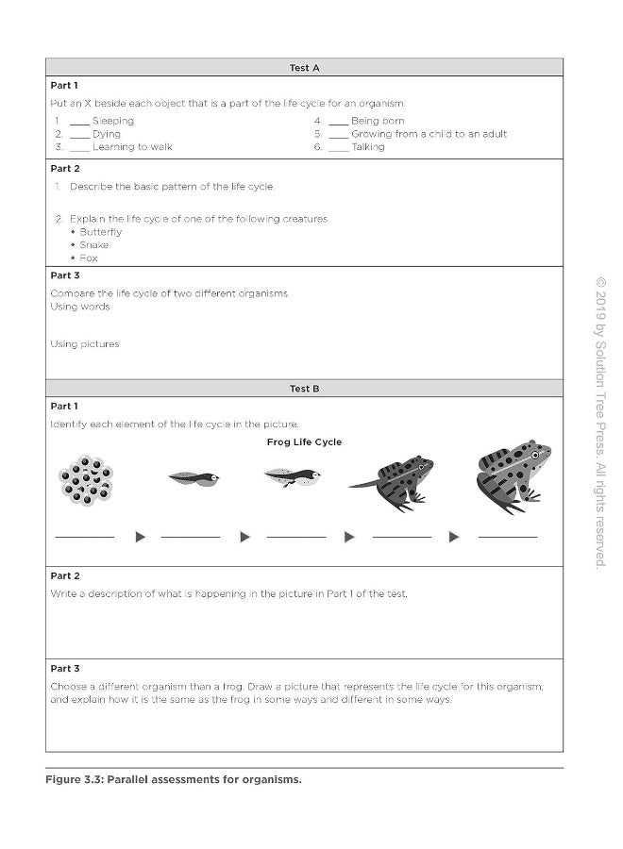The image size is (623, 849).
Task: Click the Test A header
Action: click(304, 68)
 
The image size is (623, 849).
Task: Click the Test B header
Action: click(304, 388)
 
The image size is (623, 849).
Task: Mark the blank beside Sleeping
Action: click(79, 123)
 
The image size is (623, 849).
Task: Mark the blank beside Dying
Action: click(79, 136)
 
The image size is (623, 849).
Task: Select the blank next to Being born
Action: click(338, 123)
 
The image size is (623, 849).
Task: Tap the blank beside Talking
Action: click(338, 149)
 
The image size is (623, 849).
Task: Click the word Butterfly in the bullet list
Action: click(100, 232)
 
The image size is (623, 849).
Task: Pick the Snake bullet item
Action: click(93, 245)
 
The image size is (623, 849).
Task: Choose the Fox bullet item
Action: click(89, 258)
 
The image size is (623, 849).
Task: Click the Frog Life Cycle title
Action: click(304, 442)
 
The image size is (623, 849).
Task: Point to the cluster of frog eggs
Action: click(86, 479)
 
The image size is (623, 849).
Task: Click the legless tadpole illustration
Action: click(194, 478)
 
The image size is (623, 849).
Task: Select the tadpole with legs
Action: click(292, 477)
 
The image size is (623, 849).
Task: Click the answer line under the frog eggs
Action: click(85, 536)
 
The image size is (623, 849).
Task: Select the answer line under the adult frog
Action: click(508, 536)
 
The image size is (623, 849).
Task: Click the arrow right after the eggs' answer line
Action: click(141, 537)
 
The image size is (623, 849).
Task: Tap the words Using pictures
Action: click(85, 344)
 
